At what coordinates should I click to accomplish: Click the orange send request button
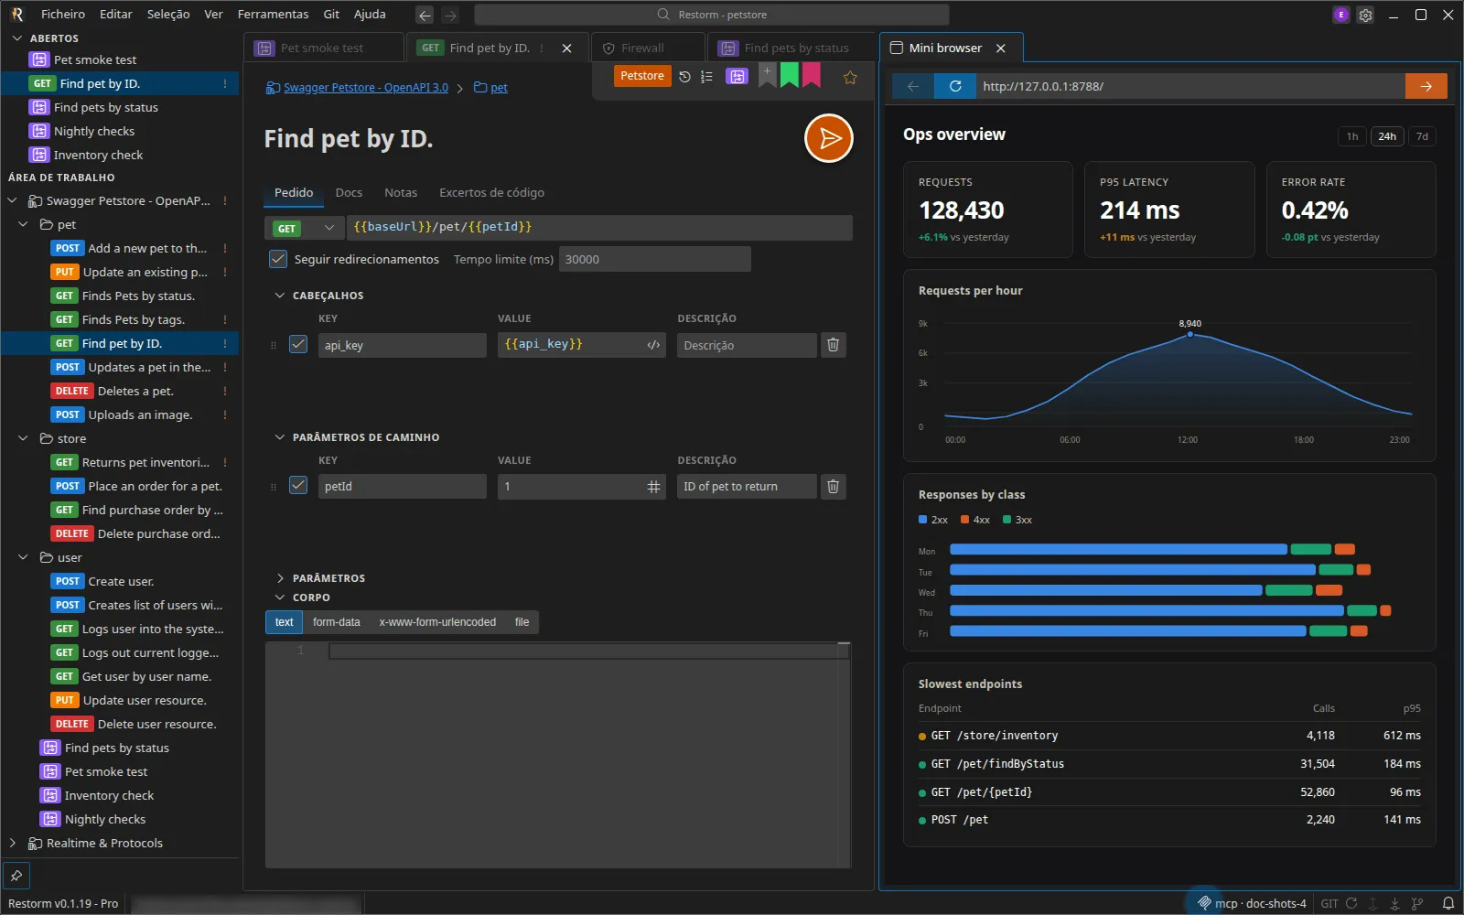coord(828,138)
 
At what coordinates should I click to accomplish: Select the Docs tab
coord(349,192)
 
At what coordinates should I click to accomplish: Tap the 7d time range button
coord(1422,136)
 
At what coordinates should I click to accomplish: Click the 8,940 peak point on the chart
coord(1190,334)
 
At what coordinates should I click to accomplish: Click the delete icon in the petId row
coord(833,486)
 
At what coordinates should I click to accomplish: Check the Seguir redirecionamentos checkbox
coord(278,259)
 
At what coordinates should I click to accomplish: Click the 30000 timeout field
coord(654,259)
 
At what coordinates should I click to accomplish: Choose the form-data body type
coord(336,621)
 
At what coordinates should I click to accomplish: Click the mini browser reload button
coord(955,86)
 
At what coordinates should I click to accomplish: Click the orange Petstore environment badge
coord(641,76)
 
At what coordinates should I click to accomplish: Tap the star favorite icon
coord(850,78)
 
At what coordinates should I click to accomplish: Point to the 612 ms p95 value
coord(1402,736)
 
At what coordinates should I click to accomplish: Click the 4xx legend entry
coord(975,520)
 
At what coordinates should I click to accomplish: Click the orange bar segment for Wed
coord(1329,590)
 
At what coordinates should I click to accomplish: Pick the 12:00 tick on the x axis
coord(1188,439)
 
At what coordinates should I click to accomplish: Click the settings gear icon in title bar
coord(1365,15)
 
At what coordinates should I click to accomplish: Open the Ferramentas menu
coord(273,14)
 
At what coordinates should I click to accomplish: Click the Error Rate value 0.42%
coord(1314,210)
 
